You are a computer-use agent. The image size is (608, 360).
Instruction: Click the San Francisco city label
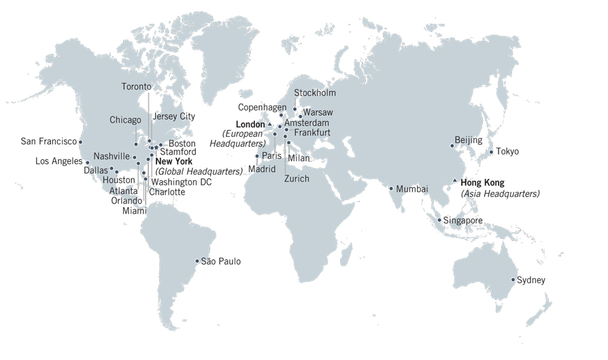48,142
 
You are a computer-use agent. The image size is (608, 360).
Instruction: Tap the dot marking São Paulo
197,261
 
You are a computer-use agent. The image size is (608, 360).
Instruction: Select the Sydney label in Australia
531,280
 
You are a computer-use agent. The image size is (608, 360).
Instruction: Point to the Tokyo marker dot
491,152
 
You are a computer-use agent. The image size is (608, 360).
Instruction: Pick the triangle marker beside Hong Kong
455,180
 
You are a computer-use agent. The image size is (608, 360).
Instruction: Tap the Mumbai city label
412,189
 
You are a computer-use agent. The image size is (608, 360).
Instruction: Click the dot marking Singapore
439,220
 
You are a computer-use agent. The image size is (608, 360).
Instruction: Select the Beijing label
468,140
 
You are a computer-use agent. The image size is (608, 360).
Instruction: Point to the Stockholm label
315,93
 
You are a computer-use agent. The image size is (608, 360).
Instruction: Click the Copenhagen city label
262,108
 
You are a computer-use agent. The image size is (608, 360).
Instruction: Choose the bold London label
250,124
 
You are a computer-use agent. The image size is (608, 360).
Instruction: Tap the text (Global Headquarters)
199,171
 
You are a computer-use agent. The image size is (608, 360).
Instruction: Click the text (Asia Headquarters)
500,194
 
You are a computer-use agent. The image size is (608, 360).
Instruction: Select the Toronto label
137,86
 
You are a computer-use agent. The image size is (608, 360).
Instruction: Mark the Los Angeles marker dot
87,163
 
